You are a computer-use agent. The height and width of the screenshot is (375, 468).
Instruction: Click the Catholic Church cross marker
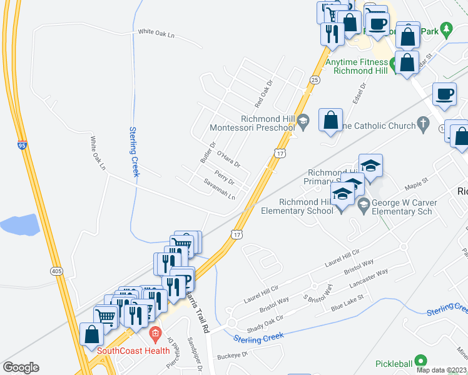point(424,125)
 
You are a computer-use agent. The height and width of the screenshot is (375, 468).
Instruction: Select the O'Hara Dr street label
point(228,159)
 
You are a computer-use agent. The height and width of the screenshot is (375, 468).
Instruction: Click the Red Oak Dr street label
point(262,92)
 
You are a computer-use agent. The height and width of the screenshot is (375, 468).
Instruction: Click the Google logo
point(21,367)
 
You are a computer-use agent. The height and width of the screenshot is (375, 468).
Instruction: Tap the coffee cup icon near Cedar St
point(445,94)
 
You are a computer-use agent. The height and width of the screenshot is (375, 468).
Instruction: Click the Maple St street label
point(415,182)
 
